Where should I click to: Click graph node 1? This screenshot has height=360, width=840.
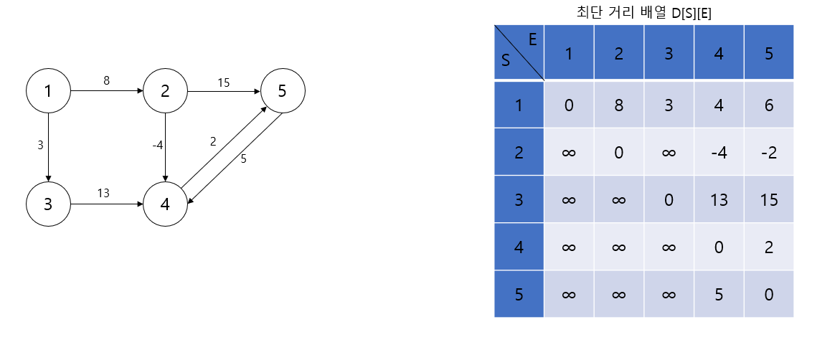pyautogui.click(x=48, y=91)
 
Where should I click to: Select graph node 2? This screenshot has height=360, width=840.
pyautogui.click(x=165, y=91)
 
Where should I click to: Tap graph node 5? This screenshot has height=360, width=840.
pyautogui.click(x=283, y=91)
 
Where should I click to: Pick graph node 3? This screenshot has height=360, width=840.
pyautogui.click(x=48, y=204)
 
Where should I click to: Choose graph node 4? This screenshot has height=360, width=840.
pyautogui.click(x=165, y=204)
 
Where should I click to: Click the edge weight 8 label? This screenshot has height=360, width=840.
pyautogui.click(x=106, y=80)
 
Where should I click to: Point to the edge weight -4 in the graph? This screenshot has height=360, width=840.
pyautogui.click(x=158, y=145)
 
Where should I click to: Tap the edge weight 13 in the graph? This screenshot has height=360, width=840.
pyautogui.click(x=103, y=193)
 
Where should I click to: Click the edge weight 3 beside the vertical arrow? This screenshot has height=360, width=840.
pyautogui.click(x=40, y=145)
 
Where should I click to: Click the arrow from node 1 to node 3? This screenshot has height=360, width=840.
pyautogui.click(x=48, y=147)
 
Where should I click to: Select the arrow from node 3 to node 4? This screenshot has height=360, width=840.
pyautogui.click(x=106, y=204)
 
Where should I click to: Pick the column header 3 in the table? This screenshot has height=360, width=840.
pyautogui.click(x=669, y=53)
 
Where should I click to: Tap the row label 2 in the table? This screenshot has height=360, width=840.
pyautogui.click(x=519, y=152)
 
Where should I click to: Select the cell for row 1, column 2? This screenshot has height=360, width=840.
pyautogui.click(x=618, y=105)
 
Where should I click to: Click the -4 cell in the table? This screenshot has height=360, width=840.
pyautogui.click(x=718, y=152)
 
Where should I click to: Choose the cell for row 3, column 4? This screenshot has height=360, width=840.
pyautogui.click(x=718, y=199)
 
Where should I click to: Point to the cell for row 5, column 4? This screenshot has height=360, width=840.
pyautogui.click(x=718, y=293)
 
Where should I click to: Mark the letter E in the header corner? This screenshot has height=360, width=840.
pyautogui.click(x=532, y=39)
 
